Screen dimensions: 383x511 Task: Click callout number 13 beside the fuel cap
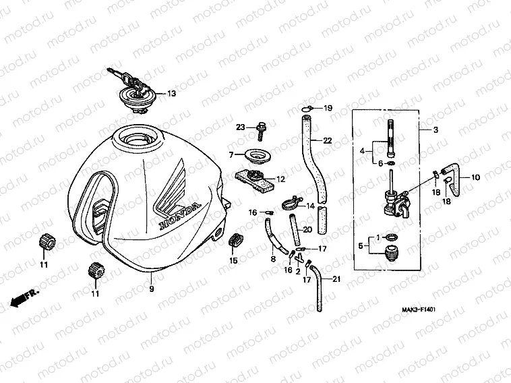(x=171, y=94)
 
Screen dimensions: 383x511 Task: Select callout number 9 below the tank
(x=151, y=289)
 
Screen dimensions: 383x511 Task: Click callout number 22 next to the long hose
(x=327, y=140)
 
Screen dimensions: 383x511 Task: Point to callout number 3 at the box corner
(x=435, y=129)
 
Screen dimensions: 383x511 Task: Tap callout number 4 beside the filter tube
(x=361, y=152)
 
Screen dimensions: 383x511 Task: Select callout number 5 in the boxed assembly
(x=361, y=246)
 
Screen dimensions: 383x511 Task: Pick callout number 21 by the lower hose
(x=337, y=278)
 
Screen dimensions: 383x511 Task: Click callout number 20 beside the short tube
(x=307, y=229)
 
